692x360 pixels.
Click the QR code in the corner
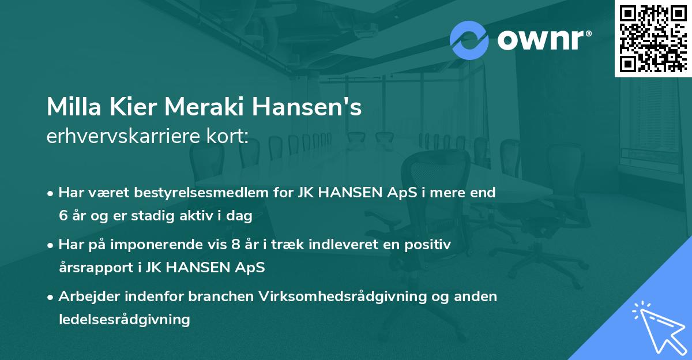[653, 38]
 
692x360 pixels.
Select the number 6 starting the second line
[63, 216]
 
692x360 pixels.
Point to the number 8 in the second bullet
[235, 245]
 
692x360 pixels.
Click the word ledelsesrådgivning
[125, 319]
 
